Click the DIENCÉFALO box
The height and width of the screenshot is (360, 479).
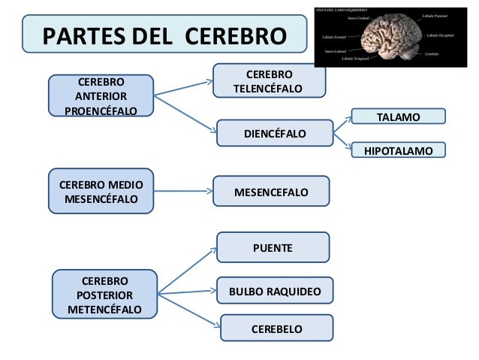coord(274,133)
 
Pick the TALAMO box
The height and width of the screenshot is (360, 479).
coord(398,116)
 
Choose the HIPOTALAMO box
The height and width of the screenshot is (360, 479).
coord(398,151)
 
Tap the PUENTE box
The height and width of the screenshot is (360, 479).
coord(273,247)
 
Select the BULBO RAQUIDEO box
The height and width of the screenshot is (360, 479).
coord(275,290)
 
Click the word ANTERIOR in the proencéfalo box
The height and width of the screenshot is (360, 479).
coord(101,97)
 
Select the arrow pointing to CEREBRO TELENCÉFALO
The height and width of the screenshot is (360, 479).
coord(184,88)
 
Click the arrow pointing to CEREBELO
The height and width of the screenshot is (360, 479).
coord(188,312)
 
